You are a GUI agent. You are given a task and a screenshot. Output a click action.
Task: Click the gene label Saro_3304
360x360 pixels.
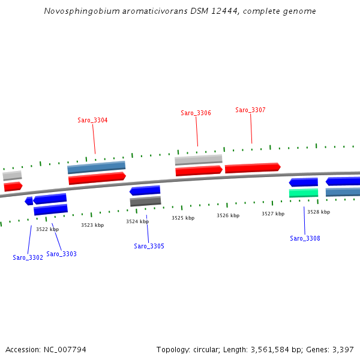[92, 121]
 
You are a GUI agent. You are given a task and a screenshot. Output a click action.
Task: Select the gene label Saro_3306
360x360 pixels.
[196, 113]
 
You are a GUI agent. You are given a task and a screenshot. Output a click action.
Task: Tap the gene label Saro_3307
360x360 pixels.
[250, 110]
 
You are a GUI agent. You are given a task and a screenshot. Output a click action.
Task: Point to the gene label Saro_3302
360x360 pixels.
[28, 257]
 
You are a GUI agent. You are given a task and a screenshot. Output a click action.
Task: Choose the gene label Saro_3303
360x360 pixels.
[61, 254]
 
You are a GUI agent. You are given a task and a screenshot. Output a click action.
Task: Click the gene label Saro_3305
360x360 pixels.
[149, 246]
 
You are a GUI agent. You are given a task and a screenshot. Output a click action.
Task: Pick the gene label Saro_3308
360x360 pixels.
[305, 238]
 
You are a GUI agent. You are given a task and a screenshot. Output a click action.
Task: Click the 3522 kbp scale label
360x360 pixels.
[47, 229]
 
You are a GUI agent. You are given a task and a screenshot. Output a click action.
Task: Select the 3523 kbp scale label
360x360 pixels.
[92, 225]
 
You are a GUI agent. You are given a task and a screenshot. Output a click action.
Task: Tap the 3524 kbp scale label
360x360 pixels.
[137, 221]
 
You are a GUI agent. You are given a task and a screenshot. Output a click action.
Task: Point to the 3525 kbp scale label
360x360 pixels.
[183, 218]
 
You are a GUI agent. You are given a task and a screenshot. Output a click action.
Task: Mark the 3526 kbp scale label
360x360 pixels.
[228, 215]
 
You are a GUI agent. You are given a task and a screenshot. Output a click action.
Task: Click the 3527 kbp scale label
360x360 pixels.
[273, 214]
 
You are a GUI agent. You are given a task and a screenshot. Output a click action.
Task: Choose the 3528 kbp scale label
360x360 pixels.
[319, 212]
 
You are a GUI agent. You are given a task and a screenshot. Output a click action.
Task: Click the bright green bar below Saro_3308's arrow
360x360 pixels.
[304, 193]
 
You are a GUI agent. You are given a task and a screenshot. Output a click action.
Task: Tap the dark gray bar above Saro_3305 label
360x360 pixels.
[145, 202]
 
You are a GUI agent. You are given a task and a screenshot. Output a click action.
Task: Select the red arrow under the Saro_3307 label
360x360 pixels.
[253, 168]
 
